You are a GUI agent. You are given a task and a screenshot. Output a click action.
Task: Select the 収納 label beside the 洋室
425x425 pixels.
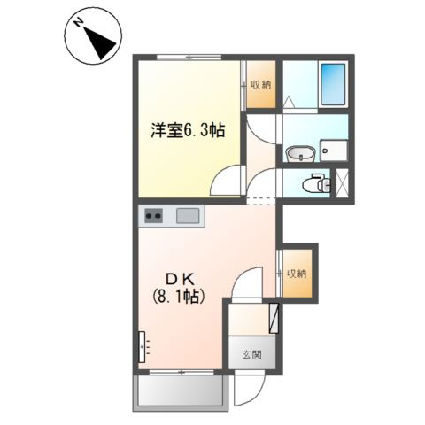261,85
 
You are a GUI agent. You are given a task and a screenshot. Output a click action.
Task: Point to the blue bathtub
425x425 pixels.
333,84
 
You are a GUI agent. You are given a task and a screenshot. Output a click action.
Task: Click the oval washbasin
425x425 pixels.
300,156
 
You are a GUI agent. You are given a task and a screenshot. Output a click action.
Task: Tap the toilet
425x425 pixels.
311,184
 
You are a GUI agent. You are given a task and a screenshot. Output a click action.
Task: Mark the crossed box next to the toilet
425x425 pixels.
340,184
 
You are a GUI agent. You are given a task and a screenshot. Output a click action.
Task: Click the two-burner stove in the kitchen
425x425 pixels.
153,215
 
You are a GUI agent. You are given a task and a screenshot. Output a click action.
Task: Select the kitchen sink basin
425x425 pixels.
188,215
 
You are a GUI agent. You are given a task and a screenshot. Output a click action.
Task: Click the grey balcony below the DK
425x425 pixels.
179,391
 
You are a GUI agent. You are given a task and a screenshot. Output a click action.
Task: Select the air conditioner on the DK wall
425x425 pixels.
142,346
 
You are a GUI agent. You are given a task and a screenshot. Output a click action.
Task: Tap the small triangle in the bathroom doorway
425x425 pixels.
290,103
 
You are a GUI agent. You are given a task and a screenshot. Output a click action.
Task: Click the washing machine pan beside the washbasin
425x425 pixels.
334,151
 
